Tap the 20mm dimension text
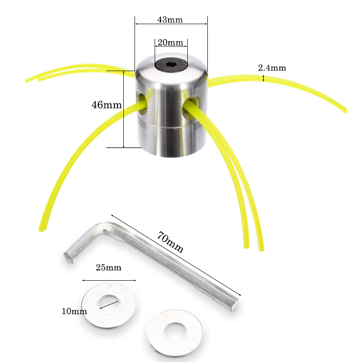tap(171, 42)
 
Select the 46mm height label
tap(106, 105)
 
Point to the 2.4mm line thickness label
tap(272, 68)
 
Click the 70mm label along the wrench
tap(170, 243)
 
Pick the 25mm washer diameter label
tap(109, 268)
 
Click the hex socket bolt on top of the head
tap(171, 65)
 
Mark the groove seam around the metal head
tap(170, 127)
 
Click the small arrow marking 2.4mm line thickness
tap(264, 78)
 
